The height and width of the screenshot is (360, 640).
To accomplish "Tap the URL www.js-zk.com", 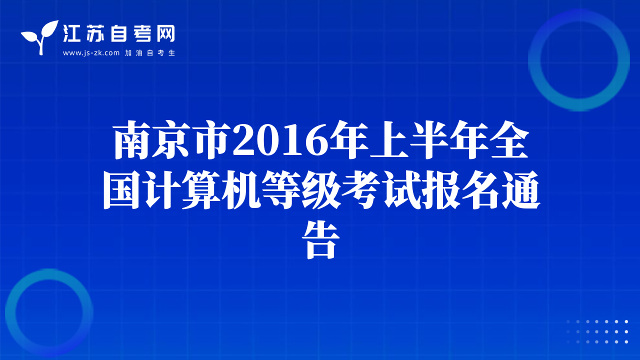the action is pos(91,53).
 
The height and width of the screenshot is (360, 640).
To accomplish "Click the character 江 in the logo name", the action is pos(71,33).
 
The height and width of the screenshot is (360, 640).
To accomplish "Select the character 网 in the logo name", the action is pos(165,33).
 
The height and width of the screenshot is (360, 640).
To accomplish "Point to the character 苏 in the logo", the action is pos(95,33).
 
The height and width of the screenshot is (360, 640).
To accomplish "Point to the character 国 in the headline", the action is pos(122,189).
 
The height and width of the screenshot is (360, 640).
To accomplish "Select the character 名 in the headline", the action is pos(480,189).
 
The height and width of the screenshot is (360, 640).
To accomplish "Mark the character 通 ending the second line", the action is pos(520,189).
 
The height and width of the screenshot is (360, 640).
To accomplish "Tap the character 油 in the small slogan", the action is pos(139,53).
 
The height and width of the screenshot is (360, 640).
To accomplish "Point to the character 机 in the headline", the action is pos(241,189).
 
